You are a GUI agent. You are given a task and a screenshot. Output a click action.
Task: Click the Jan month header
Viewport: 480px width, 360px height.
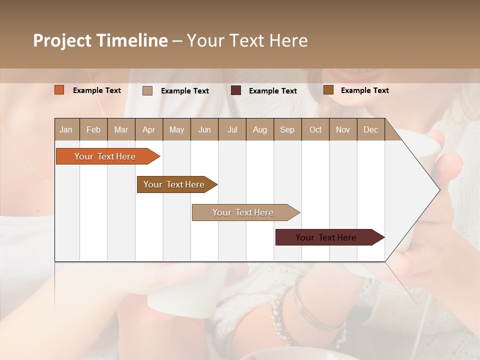click(x=66, y=129)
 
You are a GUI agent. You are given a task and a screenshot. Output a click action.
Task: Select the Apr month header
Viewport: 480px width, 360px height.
click(x=149, y=129)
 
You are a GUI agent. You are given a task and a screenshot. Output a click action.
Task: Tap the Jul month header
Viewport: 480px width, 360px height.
click(x=232, y=129)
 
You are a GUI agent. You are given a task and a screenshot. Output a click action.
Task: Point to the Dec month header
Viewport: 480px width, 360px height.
click(x=370, y=129)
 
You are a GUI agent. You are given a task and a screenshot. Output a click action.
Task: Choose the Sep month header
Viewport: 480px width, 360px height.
click(x=287, y=129)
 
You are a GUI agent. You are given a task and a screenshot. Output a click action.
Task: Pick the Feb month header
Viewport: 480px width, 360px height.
click(x=93, y=129)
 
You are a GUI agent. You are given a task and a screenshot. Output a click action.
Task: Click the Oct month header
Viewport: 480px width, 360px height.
click(x=315, y=129)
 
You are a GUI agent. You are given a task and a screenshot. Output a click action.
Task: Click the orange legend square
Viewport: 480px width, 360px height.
click(x=59, y=90)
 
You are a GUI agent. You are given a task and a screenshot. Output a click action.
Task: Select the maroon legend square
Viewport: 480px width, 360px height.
click(x=236, y=90)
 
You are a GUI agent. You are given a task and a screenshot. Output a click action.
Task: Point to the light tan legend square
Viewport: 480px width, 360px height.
click(x=147, y=90)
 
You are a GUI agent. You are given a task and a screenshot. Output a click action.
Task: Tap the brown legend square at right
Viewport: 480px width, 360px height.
click(x=328, y=90)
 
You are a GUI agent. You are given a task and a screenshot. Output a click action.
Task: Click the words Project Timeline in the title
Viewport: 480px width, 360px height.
click(x=100, y=40)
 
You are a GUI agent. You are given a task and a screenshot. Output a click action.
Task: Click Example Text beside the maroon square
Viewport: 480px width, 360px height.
click(x=272, y=91)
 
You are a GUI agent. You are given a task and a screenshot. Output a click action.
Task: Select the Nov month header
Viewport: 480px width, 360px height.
click(x=343, y=129)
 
